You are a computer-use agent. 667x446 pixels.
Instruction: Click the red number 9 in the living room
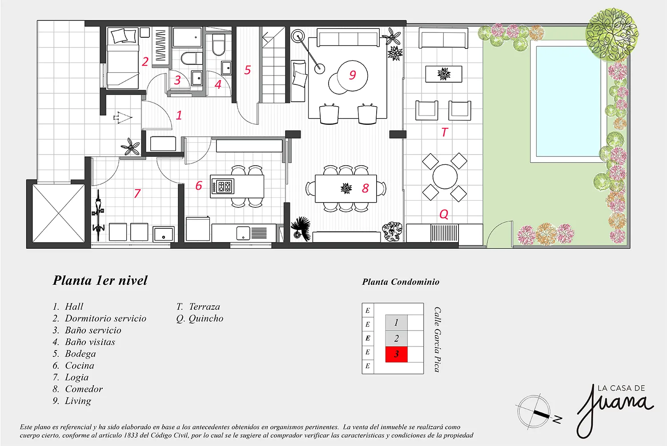coord(352,75)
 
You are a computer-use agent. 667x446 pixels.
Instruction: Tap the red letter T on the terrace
coord(444,132)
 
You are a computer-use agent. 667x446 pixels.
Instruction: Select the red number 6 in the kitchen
coord(198,186)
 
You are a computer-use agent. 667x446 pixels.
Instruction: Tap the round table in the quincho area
coord(445,177)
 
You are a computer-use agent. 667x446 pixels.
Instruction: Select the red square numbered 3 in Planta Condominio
coord(396,354)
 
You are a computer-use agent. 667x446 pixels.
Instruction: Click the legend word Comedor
coord(84,389)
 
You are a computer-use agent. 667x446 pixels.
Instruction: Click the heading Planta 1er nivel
coord(100,281)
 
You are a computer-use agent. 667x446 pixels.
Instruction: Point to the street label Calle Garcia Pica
coord(438,339)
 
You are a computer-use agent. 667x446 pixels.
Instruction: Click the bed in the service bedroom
coord(123,58)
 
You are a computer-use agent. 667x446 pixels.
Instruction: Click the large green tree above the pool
coord(611,34)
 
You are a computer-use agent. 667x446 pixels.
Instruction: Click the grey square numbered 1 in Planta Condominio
coord(396,323)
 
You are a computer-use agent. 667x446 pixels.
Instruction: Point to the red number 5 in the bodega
coord(248,70)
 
